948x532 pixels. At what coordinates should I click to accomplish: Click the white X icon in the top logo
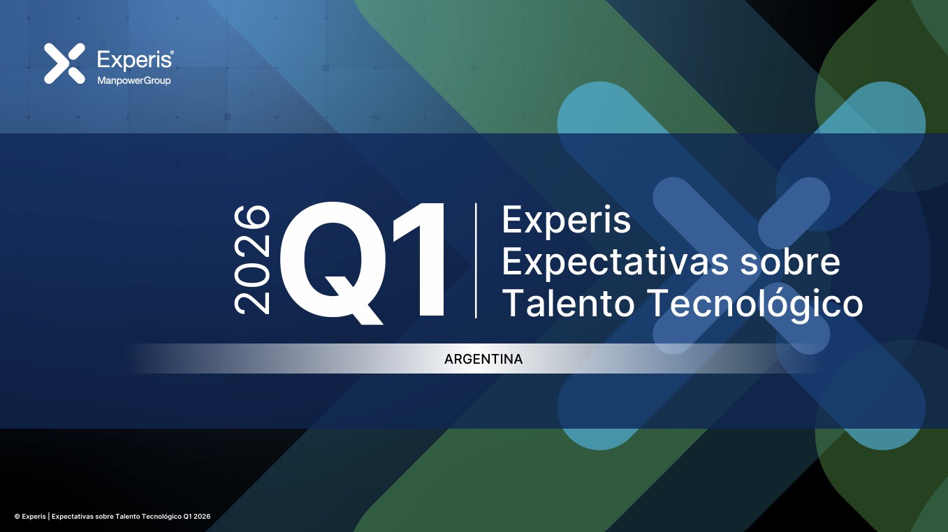pyautogui.click(x=64, y=64)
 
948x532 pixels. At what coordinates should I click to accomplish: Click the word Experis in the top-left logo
pyautogui.click(x=134, y=59)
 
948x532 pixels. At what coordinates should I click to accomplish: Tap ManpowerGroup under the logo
pyautogui.click(x=134, y=80)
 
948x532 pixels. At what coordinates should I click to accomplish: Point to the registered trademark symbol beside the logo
pyautogui.click(x=172, y=52)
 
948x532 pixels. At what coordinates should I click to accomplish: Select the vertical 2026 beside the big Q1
pyautogui.click(x=251, y=260)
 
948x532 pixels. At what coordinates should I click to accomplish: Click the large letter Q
pyautogui.click(x=332, y=263)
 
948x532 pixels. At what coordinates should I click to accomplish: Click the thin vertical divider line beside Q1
pyautogui.click(x=476, y=260)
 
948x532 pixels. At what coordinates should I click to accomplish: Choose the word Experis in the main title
pyautogui.click(x=567, y=221)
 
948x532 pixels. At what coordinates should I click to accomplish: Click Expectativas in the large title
pyautogui.click(x=615, y=263)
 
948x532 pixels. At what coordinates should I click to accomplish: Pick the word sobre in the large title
pyautogui.click(x=790, y=262)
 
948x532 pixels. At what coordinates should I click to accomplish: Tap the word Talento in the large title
pyautogui.click(x=568, y=303)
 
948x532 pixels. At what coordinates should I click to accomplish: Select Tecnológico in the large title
pyautogui.click(x=755, y=303)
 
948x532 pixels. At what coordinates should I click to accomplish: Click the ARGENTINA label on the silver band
pyautogui.click(x=483, y=359)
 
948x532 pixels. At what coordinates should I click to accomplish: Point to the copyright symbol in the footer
pyautogui.click(x=17, y=517)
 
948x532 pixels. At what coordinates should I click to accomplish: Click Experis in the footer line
pyautogui.click(x=34, y=517)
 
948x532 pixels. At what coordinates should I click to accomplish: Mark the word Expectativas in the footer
pyautogui.click(x=73, y=517)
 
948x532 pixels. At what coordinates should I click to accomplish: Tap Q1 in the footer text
pyautogui.click(x=187, y=517)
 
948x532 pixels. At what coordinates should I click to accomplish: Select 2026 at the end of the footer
pyautogui.click(x=203, y=517)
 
